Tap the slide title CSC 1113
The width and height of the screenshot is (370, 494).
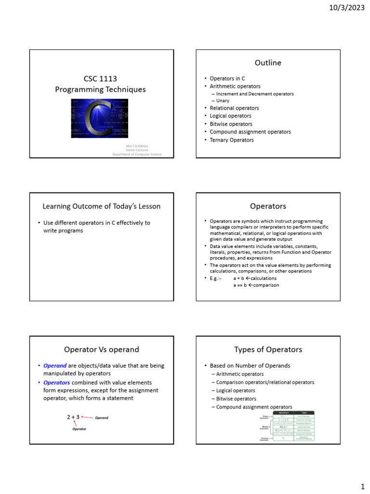pyautogui.click(x=100, y=79)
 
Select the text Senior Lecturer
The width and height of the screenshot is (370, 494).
pyautogui.click(x=137, y=150)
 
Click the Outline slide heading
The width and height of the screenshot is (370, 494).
pyautogui.click(x=268, y=63)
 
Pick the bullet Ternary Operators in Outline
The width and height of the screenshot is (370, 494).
pyautogui.click(x=231, y=140)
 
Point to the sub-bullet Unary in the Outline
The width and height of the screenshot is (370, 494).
pyautogui.click(x=223, y=100)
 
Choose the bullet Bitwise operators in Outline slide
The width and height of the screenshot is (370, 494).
pyautogui.click(x=231, y=124)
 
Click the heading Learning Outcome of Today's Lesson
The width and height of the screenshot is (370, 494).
pyautogui.click(x=101, y=206)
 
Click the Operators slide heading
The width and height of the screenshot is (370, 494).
pyautogui.click(x=268, y=206)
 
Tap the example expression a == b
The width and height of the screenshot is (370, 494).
pyautogui.click(x=239, y=285)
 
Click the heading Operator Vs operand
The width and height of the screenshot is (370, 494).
pyautogui.click(x=101, y=349)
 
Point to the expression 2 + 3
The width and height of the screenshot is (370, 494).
pyautogui.click(x=73, y=417)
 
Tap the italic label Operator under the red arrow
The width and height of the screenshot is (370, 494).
pyautogui.click(x=79, y=429)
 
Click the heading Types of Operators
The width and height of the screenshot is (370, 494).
pyautogui.click(x=268, y=349)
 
